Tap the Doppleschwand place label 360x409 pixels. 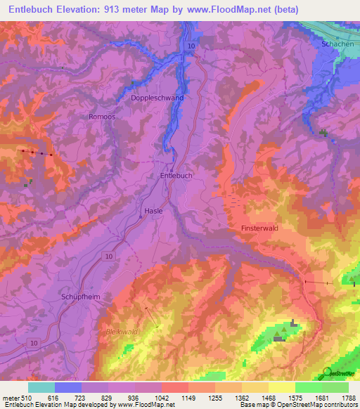tap(157, 98)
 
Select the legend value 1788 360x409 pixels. tap(347, 398)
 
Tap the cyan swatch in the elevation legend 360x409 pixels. tap(41, 387)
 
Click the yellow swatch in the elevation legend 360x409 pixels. tap(281, 387)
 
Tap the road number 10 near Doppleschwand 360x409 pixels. tap(191, 46)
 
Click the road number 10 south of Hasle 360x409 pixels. tap(108, 257)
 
